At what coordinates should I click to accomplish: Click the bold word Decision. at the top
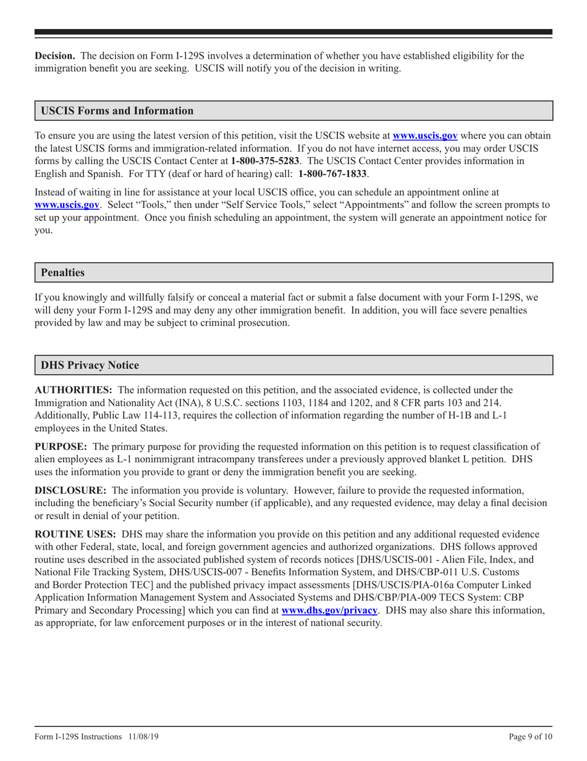click(54, 56)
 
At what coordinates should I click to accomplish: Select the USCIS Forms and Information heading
click(117, 111)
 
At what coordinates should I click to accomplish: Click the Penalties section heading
click(62, 272)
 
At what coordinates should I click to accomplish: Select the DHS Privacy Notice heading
click(90, 365)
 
